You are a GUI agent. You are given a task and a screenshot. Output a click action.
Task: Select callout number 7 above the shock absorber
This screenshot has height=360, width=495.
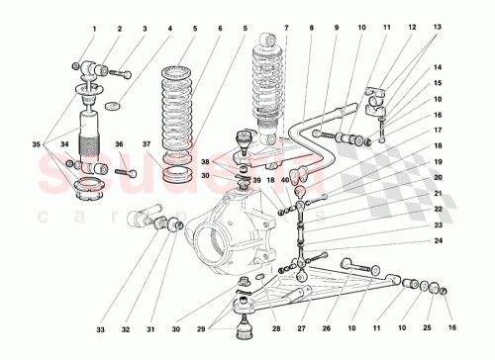[x=286, y=29]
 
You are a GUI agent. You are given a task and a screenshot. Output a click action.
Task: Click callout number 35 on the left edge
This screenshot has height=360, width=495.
[x=36, y=144]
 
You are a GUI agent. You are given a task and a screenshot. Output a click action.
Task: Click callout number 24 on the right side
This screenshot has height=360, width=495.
[x=438, y=239]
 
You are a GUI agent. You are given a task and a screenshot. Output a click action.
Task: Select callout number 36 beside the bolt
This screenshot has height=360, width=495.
[x=119, y=144]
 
